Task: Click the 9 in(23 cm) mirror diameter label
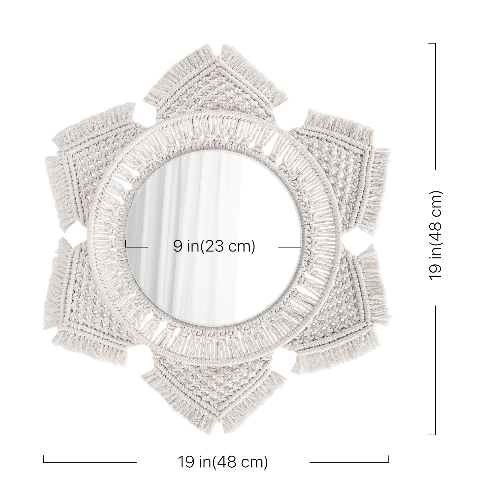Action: click(x=214, y=247)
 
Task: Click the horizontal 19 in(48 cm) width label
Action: click(x=223, y=462)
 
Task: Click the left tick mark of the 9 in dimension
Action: click(x=126, y=244)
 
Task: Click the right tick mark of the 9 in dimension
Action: click(x=301, y=244)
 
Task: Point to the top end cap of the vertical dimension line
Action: click(x=432, y=43)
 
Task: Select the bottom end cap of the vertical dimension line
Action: click(x=432, y=435)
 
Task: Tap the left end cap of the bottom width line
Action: click(x=44, y=459)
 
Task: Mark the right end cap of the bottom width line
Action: click(x=389, y=459)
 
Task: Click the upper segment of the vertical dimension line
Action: click(x=436, y=106)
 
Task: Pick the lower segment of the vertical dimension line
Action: click(x=436, y=370)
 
